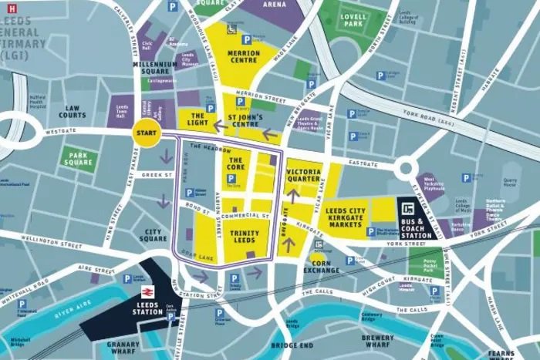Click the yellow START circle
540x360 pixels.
click(145, 133)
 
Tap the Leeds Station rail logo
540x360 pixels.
click(147, 292)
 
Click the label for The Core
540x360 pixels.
click(236, 163)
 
